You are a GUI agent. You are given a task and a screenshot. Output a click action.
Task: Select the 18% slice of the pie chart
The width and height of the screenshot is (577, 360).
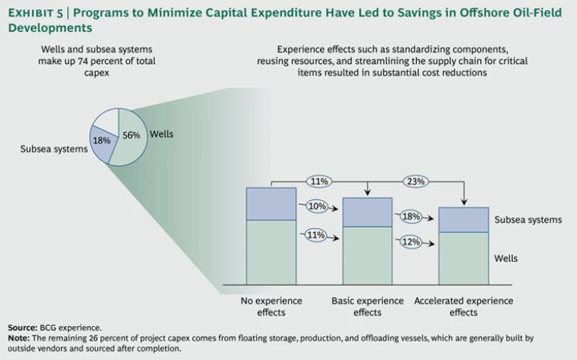(x=101, y=141)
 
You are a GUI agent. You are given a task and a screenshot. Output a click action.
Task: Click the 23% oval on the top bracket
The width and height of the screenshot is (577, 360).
(x=415, y=181)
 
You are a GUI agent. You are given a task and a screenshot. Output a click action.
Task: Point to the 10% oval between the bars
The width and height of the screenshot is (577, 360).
(x=316, y=205)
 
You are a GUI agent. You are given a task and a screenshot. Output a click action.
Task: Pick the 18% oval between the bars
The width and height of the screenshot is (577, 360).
(x=412, y=216)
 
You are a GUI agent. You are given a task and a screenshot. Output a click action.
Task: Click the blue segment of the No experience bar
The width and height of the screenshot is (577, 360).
(x=270, y=204)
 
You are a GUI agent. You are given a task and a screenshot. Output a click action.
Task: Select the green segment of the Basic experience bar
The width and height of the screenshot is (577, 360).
(x=367, y=255)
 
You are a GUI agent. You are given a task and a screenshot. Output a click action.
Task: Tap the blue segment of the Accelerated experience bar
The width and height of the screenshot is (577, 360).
(x=463, y=219)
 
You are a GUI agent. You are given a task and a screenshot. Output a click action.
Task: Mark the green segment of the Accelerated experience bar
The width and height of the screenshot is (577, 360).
(x=463, y=258)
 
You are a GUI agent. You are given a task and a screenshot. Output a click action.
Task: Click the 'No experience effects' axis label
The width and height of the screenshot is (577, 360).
(x=271, y=307)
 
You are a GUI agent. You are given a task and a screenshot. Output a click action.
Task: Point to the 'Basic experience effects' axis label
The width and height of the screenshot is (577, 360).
(x=367, y=307)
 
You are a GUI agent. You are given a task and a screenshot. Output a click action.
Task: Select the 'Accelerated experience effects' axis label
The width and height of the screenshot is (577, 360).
(x=464, y=307)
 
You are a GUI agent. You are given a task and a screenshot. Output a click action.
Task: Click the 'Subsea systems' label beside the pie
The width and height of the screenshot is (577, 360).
(x=54, y=149)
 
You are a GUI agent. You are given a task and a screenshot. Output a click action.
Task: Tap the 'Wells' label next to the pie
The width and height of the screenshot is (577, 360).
(x=162, y=135)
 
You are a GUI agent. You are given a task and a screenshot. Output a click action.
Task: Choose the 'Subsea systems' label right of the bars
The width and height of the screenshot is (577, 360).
(x=528, y=219)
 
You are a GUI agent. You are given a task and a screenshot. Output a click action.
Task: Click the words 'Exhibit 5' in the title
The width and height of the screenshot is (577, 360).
(x=35, y=12)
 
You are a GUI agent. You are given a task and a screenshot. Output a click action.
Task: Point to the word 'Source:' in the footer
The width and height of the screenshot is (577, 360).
(x=23, y=328)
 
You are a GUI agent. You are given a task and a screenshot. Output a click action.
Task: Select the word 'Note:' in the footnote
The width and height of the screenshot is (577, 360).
(x=19, y=338)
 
